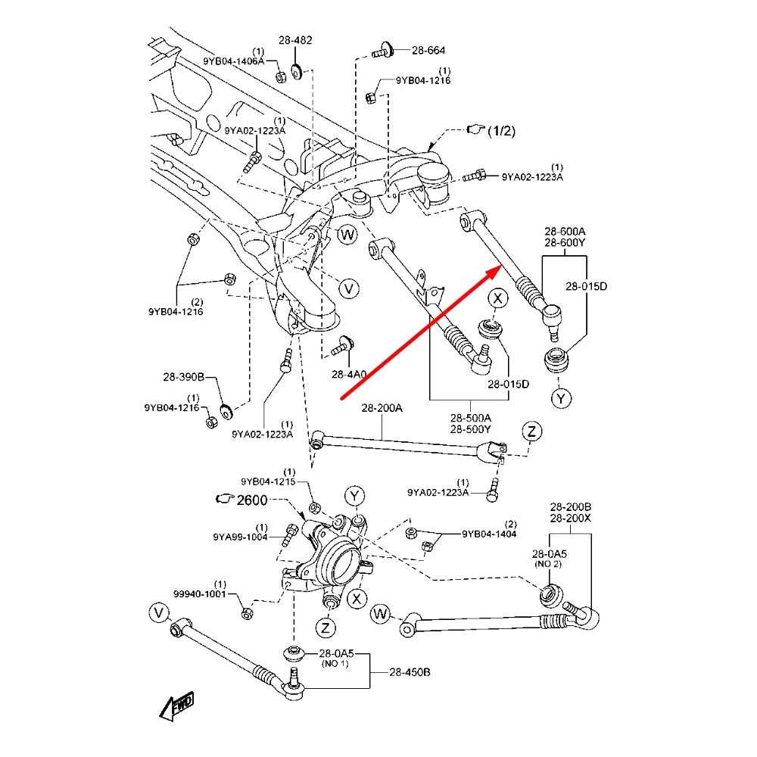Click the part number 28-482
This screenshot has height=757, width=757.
(295, 40)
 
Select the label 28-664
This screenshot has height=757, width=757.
(428, 51)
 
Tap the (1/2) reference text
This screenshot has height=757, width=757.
(500, 130)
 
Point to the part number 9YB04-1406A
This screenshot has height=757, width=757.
(233, 61)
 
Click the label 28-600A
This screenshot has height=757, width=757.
(565, 231)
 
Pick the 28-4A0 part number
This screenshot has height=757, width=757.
(348, 374)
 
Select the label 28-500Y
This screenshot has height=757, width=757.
(471, 428)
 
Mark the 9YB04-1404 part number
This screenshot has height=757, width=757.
(490, 534)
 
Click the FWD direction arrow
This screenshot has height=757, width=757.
(177, 706)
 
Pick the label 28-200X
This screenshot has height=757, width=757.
(571, 517)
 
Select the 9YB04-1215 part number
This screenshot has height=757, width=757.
(267, 481)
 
